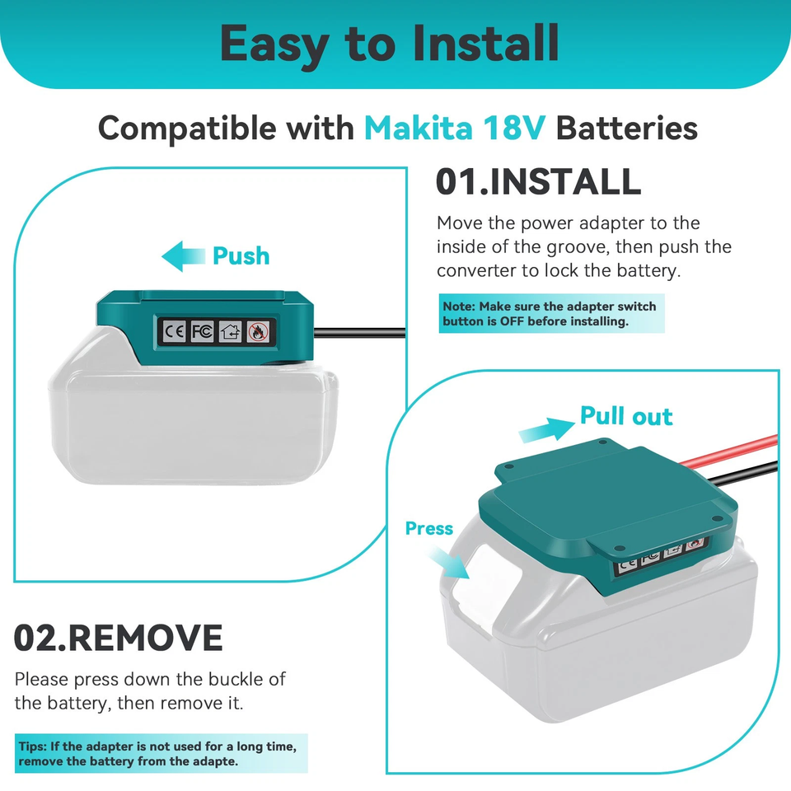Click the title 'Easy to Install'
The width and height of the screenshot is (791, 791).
click(390, 45)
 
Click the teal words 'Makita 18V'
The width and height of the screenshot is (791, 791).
click(455, 128)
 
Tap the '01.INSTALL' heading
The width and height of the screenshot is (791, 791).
click(538, 181)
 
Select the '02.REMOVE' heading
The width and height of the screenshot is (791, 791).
click(118, 638)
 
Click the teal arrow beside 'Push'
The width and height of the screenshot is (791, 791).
click(183, 256)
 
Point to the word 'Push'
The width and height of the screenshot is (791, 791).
click(241, 255)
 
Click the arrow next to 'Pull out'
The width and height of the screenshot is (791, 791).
click(546, 429)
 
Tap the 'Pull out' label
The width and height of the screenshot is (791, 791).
click(626, 415)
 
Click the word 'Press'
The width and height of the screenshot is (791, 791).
click(429, 528)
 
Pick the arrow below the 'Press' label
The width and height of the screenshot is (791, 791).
click(449, 561)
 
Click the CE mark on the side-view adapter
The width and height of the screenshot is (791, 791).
click(174, 331)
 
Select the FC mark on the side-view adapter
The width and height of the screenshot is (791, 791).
click(202, 331)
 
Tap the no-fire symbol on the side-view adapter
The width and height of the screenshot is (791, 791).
click(258, 332)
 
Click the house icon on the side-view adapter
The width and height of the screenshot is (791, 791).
click(230, 332)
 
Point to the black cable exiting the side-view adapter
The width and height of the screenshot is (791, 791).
click(360, 332)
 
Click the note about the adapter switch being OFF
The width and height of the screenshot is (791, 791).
click(551, 313)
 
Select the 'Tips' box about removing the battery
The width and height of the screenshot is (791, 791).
click(161, 753)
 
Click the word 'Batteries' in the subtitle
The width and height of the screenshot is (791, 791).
click(626, 128)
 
